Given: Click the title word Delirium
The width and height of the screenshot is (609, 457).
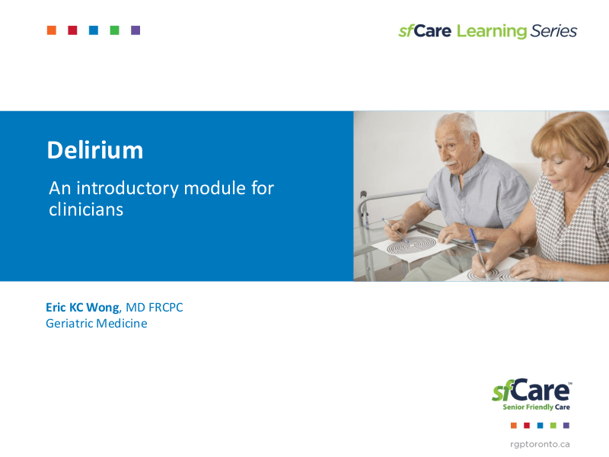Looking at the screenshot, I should point(94,150).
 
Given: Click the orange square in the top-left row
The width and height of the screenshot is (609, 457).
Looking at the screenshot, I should point(52,30).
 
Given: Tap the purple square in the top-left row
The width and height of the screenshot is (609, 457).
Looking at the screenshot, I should point(136,30).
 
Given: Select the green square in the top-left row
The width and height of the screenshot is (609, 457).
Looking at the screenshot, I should point(114,30).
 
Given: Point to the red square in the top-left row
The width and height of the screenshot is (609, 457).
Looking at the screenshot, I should point(72,30).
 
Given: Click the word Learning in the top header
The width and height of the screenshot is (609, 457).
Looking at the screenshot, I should point(492,31).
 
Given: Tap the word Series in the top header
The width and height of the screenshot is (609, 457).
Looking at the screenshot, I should point(554,31).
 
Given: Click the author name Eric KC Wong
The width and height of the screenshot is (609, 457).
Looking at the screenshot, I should point(82,307).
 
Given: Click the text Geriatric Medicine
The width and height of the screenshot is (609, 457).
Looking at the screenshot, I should point(96,323).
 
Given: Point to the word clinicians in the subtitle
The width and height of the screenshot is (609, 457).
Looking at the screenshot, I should point(85,209).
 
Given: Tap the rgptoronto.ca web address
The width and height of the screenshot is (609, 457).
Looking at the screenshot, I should point(540,443).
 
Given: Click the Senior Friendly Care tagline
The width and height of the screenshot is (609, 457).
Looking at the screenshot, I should point(536,407).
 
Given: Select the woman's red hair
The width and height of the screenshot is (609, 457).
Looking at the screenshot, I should point(567,133).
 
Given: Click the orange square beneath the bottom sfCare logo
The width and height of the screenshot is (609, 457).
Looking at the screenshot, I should point(514,425).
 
